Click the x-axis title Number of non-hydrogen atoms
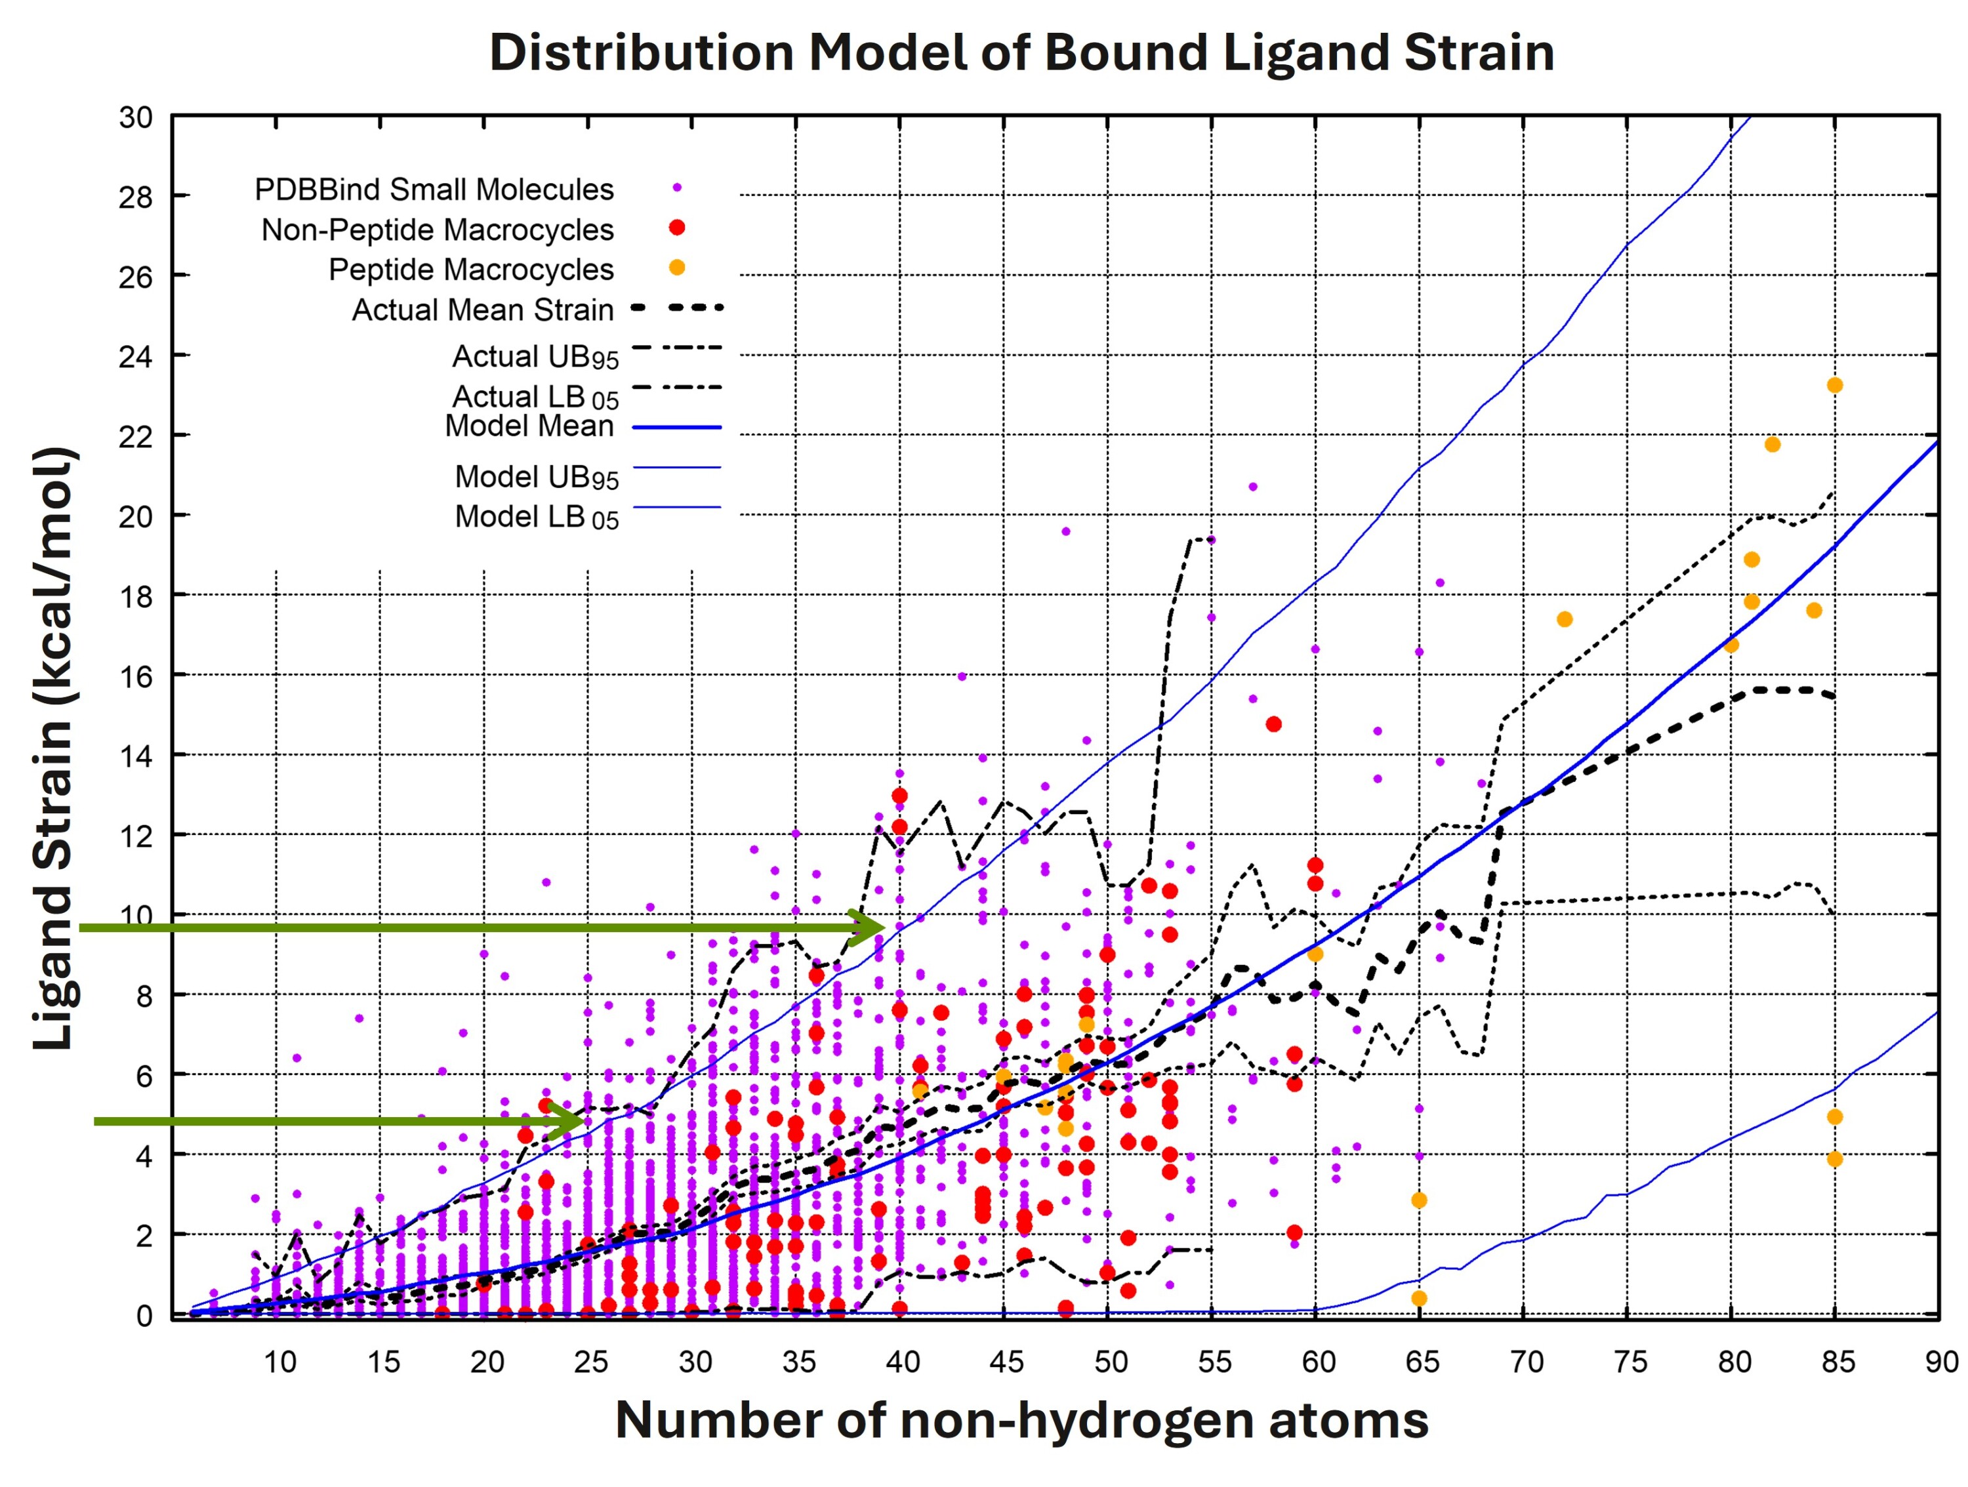1021,1419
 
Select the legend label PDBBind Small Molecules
434,190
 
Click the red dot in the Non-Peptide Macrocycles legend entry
677,228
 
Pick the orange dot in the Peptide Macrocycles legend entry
677,268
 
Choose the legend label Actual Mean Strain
483,310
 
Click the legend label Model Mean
529,426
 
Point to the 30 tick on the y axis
136,117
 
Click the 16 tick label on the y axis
136,677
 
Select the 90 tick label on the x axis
1941,1362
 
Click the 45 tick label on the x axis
1006,1362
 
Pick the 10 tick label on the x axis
279,1362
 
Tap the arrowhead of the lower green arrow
569,1122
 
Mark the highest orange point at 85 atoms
1835,385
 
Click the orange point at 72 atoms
1565,619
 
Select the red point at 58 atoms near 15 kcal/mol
1274,724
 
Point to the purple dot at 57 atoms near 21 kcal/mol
1253,487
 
